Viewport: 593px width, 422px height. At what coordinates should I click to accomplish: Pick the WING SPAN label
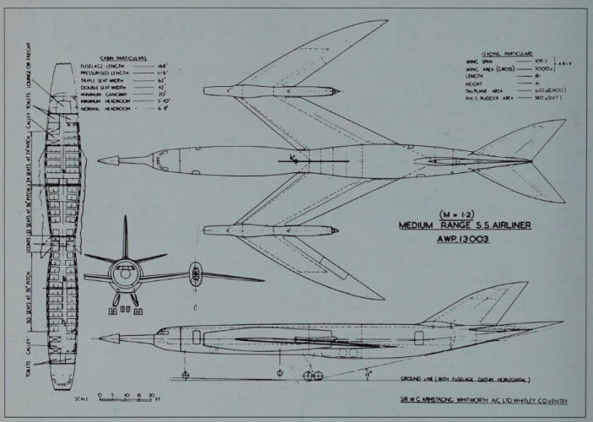pos(479,62)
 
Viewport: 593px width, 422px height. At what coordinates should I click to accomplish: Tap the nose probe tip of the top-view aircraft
pos(100,160)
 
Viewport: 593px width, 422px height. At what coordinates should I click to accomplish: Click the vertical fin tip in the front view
pos(125,218)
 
